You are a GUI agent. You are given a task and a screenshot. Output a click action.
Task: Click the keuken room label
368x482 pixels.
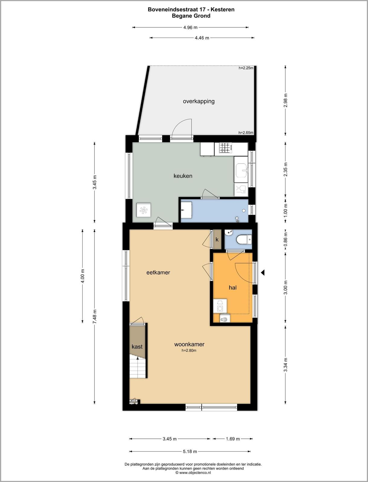coord(183,176)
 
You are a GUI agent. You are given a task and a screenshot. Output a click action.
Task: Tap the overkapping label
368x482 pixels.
coord(199,102)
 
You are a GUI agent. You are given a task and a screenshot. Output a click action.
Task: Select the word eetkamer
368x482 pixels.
coord(158,273)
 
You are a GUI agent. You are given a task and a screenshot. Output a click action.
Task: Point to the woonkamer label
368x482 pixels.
coord(189,344)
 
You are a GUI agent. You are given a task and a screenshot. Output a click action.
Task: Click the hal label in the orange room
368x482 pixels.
coord(233,287)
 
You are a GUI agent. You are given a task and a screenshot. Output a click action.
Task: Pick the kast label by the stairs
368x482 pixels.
coord(137,346)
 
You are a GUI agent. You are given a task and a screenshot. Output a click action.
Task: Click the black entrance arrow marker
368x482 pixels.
coord(263,273)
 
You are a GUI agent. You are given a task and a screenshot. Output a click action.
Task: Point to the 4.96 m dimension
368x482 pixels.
coord(190,27)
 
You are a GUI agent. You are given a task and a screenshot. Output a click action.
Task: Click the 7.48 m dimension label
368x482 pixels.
coord(94,316)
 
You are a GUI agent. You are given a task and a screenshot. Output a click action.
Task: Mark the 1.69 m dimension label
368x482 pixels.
coord(233,439)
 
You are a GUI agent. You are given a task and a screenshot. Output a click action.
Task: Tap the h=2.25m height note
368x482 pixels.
coord(246,68)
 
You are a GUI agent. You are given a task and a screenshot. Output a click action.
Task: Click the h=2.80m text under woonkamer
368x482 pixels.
coord(189,350)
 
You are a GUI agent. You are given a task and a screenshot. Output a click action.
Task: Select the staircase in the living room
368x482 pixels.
coord(138,367)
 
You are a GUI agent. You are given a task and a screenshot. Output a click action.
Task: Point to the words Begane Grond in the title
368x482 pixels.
coord(191,16)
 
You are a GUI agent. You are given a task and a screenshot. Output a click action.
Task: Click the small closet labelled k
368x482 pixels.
coord(217,239)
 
